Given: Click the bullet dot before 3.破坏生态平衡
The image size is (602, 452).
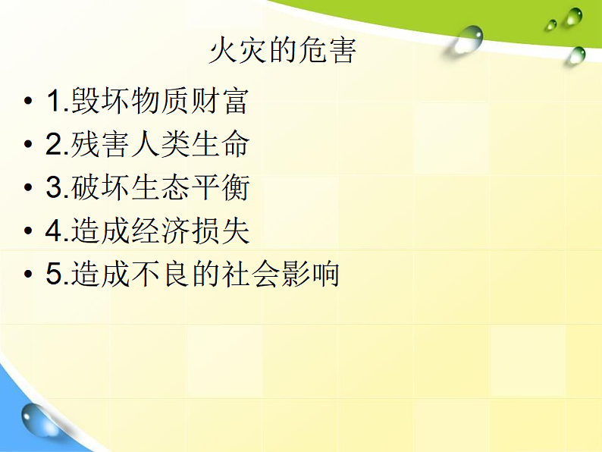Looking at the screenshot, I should coord(28,189).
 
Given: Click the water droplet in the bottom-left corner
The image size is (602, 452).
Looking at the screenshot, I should coord(39,419).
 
